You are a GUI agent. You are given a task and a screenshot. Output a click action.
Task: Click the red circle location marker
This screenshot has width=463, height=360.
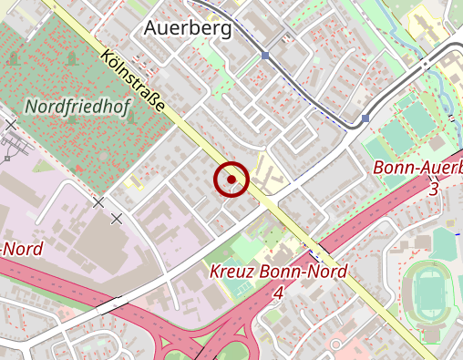[x=231, y=180]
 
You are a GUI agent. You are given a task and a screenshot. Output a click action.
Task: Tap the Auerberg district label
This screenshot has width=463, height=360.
[x=188, y=28]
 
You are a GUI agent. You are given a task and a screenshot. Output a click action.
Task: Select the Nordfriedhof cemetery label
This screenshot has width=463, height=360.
[x=78, y=108]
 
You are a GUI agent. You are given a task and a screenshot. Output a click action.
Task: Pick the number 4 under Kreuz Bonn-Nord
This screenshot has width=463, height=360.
[x=278, y=293]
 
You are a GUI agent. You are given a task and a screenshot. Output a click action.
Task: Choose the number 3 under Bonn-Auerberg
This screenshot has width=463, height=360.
[x=433, y=189]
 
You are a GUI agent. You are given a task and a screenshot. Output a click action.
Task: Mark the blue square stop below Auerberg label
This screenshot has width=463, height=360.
[x=265, y=56]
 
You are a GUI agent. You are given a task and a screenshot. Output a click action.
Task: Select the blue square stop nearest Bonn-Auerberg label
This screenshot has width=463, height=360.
[x=365, y=118]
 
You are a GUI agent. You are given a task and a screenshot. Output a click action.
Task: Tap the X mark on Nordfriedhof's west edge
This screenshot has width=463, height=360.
[x=11, y=124]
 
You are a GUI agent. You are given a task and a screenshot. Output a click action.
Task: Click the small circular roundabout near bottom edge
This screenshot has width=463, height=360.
[x=335, y=345]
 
